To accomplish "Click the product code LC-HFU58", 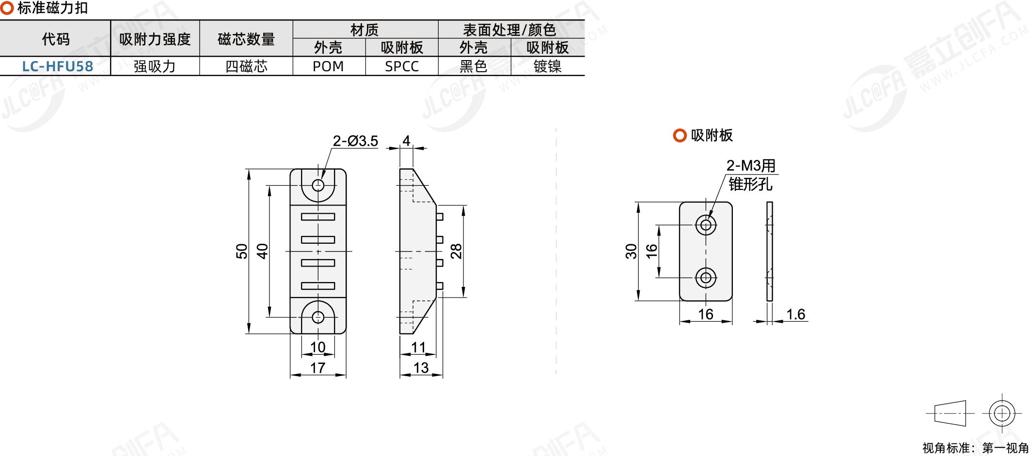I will [57, 66].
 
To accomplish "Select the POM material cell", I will [328, 66].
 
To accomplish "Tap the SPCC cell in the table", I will [402, 66].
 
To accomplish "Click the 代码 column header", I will [55, 39].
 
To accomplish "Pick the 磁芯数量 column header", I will [246, 39].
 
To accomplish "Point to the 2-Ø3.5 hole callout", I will [355, 141].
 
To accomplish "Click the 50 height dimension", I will [241, 251].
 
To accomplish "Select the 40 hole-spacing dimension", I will [262, 251].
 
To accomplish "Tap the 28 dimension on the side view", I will [456, 251].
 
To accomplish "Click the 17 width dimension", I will [317, 368].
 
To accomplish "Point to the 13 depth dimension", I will [421, 368].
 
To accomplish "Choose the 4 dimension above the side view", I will [406, 141].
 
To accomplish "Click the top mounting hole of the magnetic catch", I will [318, 185].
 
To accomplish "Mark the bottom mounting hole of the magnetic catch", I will [318, 317].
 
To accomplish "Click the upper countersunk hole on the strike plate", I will [706, 225].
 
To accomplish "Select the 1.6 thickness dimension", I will [795, 314].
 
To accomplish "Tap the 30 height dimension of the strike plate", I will [631, 251].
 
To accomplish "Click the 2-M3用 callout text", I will [751, 166].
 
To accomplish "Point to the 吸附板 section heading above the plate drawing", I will [712, 135].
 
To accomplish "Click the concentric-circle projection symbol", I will [1002, 413].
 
